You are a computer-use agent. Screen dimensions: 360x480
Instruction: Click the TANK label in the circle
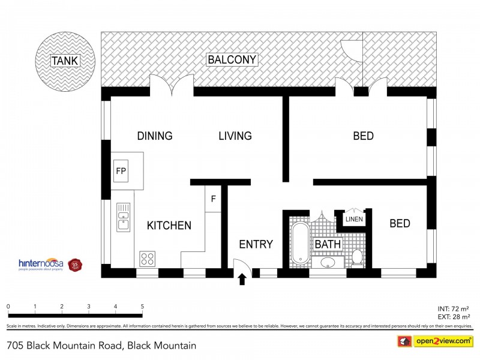pyautogui.click(x=65, y=60)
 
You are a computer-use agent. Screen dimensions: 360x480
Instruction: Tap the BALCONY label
pyautogui.click(x=232, y=59)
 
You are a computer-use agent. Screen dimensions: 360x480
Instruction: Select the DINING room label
pyautogui.click(x=154, y=136)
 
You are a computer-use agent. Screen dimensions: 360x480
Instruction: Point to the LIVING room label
pyautogui.click(x=235, y=136)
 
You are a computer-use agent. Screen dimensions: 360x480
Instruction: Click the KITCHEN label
pyautogui.click(x=169, y=226)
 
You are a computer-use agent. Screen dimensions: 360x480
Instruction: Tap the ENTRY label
pyautogui.click(x=256, y=244)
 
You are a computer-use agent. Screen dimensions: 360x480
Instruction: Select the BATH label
pyautogui.click(x=328, y=244)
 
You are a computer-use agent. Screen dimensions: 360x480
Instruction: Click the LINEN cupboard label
pyautogui.click(x=354, y=220)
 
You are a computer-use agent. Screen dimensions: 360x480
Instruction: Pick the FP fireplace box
pyautogui.click(x=121, y=171)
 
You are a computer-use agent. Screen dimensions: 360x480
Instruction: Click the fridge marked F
pyautogui.click(x=213, y=198)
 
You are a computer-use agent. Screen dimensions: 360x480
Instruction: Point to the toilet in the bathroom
pyautogui.click(x=357, y=257)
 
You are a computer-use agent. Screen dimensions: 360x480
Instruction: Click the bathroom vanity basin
pyautogui.click(x=328, y=262)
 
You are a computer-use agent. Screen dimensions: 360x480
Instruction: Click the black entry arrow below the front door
pyautogui.click(x=242, y=279)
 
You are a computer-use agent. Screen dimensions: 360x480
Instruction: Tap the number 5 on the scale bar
pyautogui.click(x=142, y=306)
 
